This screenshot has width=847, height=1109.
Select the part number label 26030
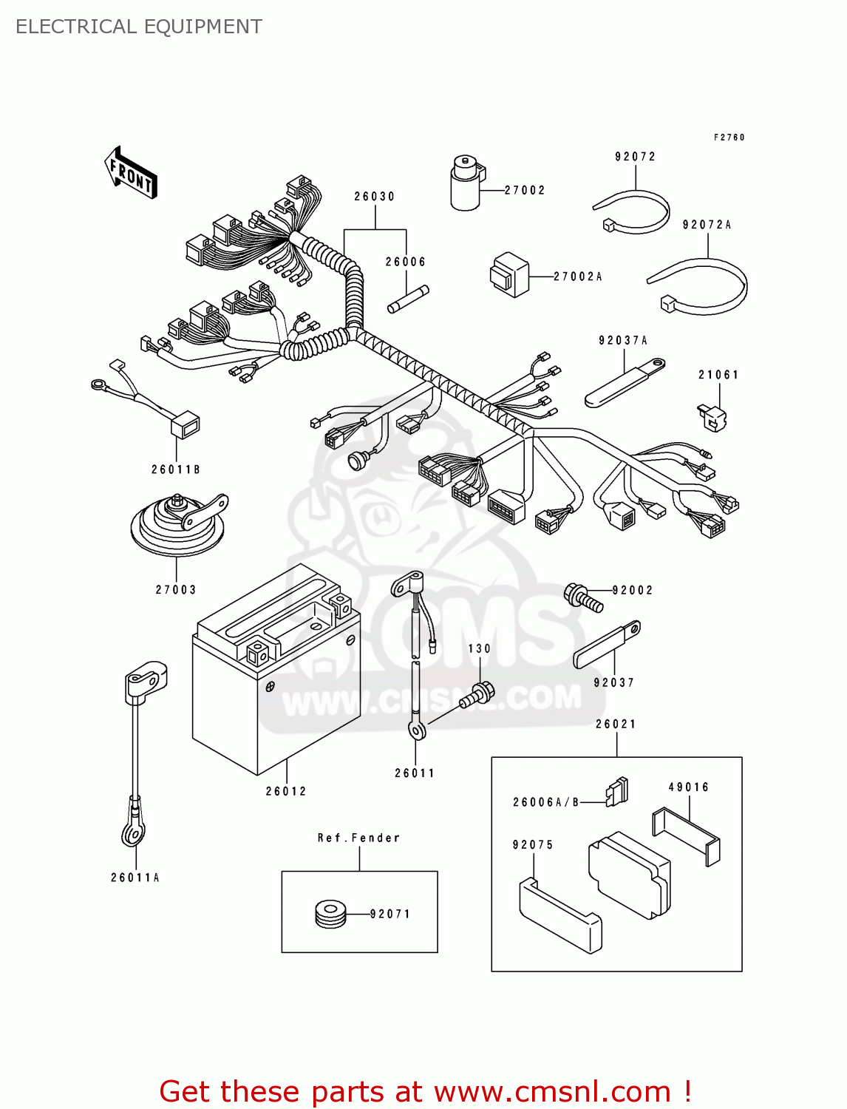click(375, 197)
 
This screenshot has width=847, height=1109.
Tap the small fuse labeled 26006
click(409, 299)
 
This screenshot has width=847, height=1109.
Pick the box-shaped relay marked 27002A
click(510, 274)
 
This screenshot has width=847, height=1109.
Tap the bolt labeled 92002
click(583, 597)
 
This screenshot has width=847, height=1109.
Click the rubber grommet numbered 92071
click(330, 914)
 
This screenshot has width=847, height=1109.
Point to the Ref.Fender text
click(359, 838)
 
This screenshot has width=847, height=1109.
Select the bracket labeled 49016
click(686, 835)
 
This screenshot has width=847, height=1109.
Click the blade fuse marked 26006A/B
click(616, 792)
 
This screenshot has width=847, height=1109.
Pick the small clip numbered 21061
click(712, 417)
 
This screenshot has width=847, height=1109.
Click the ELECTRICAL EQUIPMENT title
click(139, 27)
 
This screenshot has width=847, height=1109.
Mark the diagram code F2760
click(729, 138)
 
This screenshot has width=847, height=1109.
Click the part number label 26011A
click(135, 878)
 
